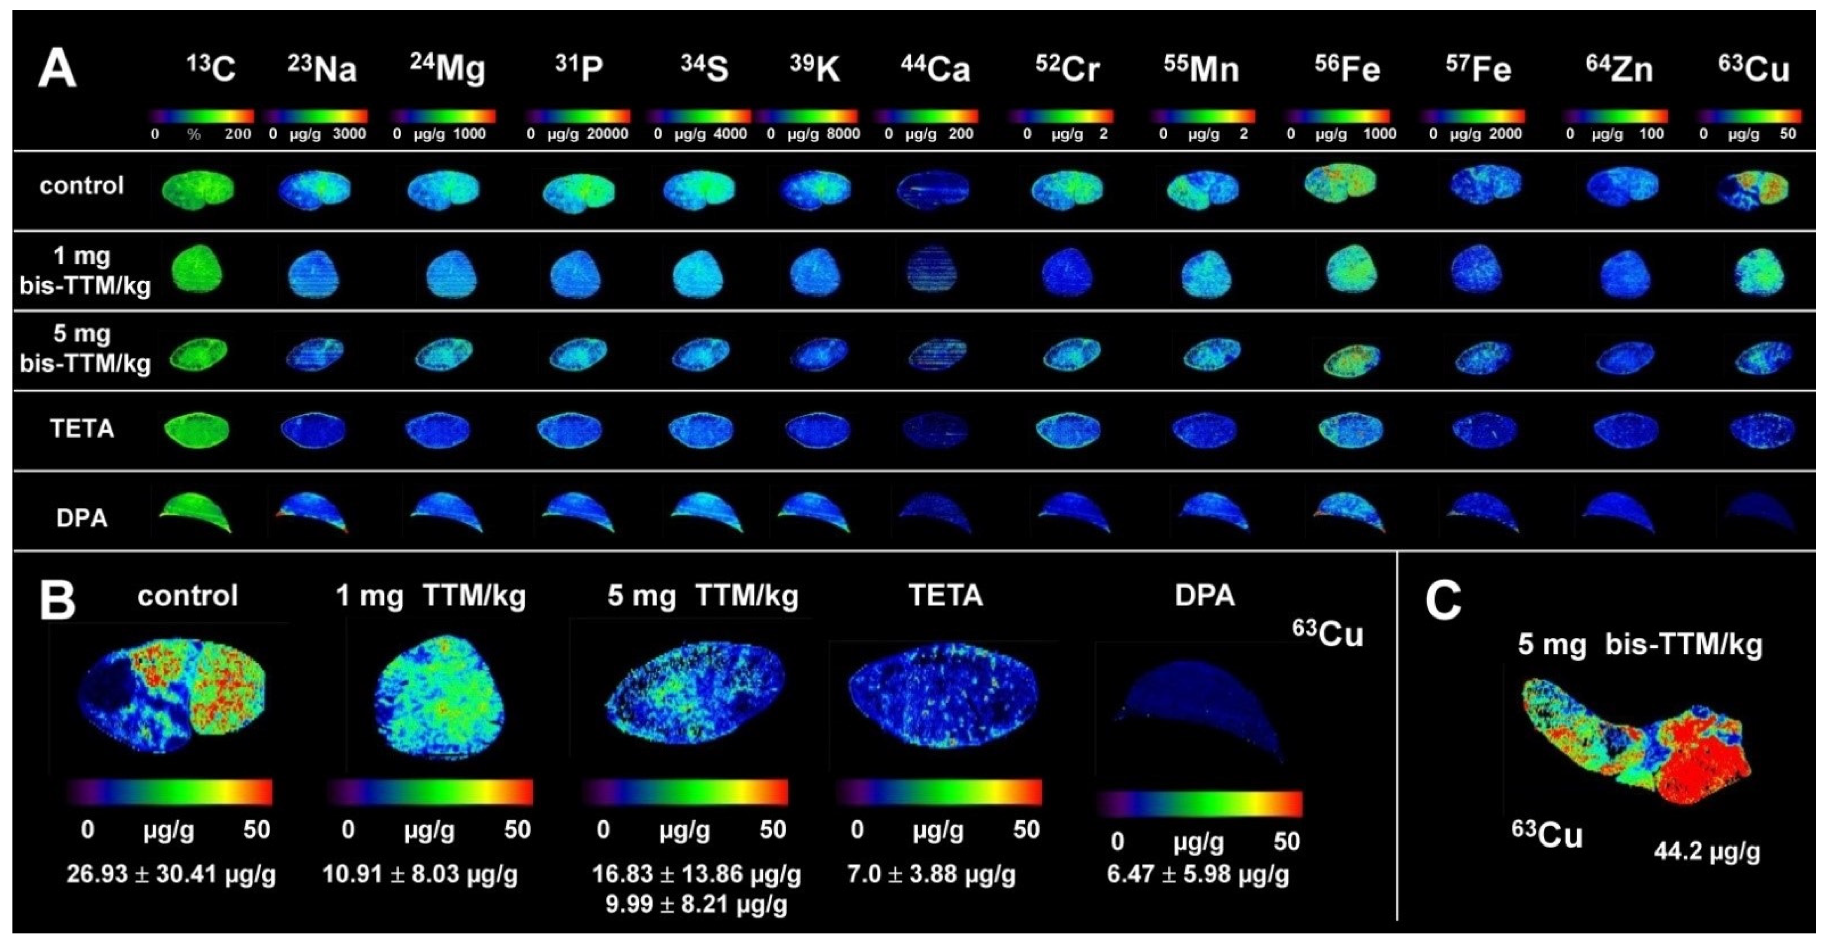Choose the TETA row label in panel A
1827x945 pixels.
[82, 429]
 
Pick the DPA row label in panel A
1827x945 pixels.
[82, 518]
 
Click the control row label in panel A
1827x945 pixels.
[82, 186]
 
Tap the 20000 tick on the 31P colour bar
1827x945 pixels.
[607, 134]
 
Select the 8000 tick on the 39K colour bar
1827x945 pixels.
[843, 134]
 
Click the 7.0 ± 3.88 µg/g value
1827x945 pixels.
[931, 875]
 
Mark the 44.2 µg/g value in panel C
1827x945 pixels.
[1706, 850]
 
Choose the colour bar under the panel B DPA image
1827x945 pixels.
[1199, 804]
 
